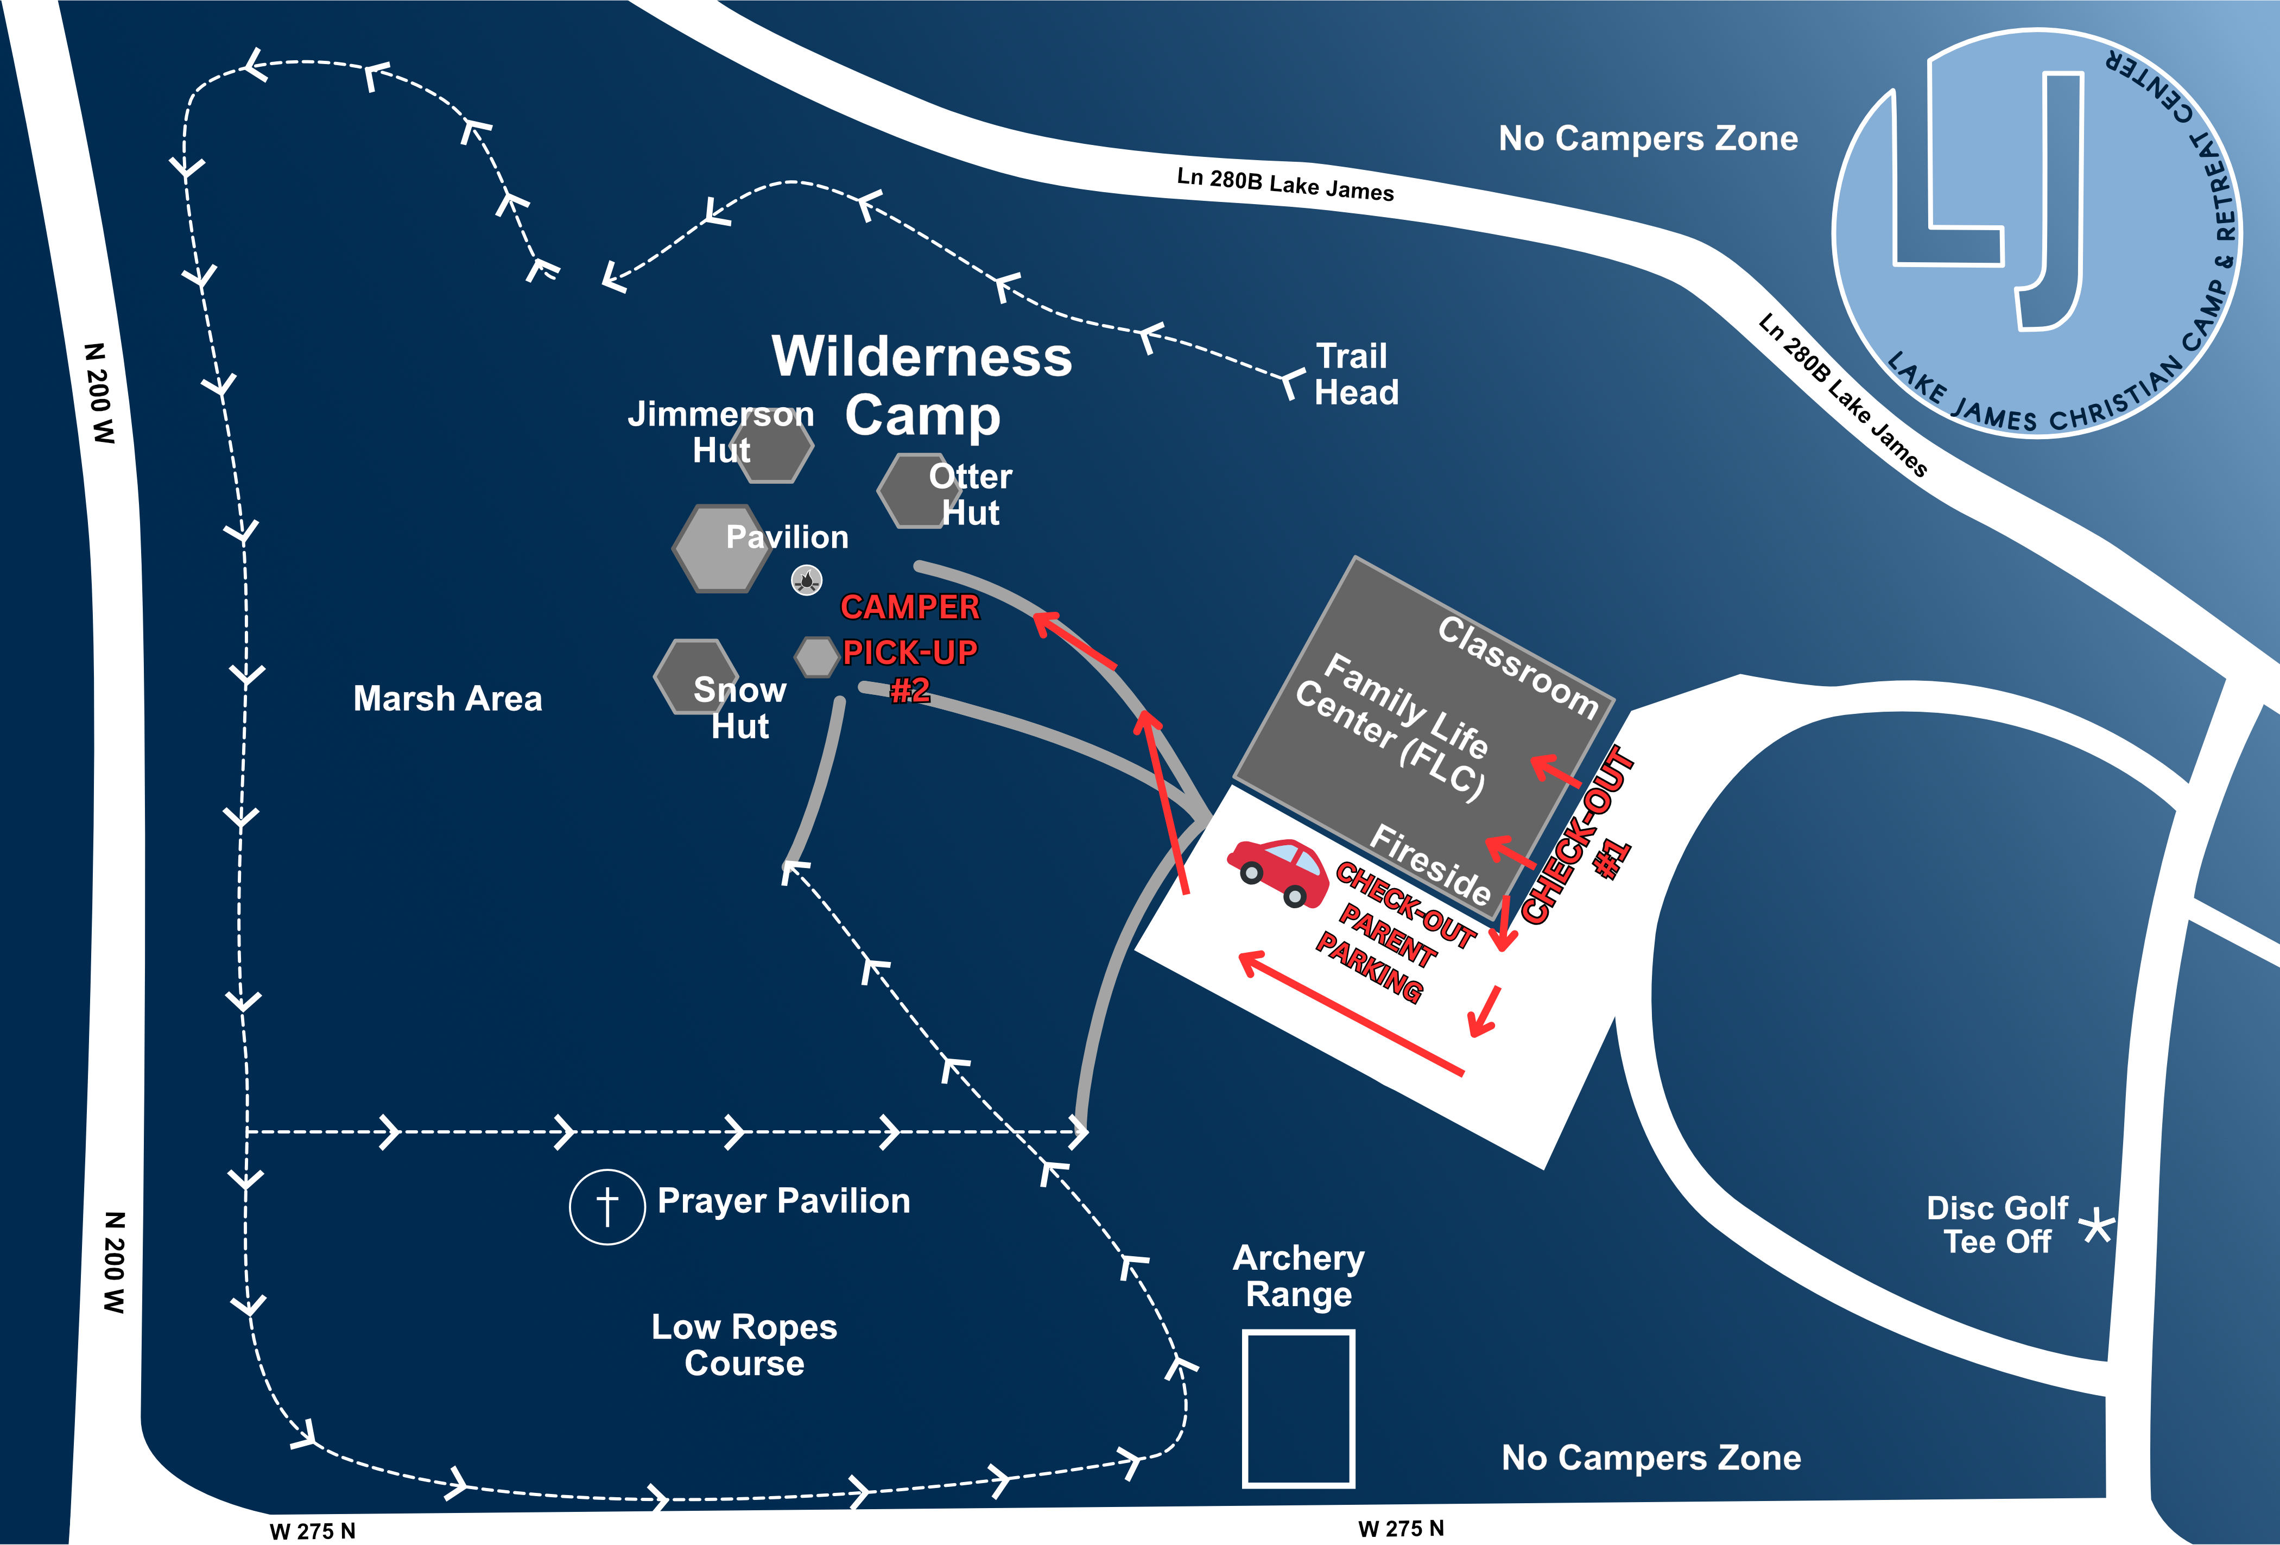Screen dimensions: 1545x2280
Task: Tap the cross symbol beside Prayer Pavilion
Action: tap(607, 1207)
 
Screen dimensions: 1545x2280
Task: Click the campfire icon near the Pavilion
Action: tap(807, 581)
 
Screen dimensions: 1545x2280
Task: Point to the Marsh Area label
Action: tap(447, 699)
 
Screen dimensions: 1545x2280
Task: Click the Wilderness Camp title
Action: tap(922, 385)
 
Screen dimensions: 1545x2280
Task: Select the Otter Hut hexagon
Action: tap(914, 490)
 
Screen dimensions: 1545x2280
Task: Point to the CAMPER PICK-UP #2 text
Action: tap(909, 648)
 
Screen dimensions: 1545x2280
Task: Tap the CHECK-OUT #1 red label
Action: tap(1580, 837)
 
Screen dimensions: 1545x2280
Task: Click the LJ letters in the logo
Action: tap(1992, 196)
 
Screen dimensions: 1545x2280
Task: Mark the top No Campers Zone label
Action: tap(1648, 138)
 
